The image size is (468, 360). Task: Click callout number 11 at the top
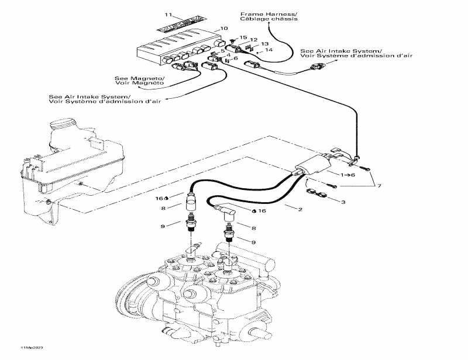[168, 13]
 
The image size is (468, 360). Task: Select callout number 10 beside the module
[224, 29]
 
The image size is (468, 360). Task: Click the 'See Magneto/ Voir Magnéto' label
[139, 81]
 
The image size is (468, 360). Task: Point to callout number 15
[243, 37]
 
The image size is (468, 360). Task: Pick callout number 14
[269, 50]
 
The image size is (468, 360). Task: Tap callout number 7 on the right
[378, 186]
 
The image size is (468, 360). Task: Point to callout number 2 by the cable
[300, 208]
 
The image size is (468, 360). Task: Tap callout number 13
[265, 44]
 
